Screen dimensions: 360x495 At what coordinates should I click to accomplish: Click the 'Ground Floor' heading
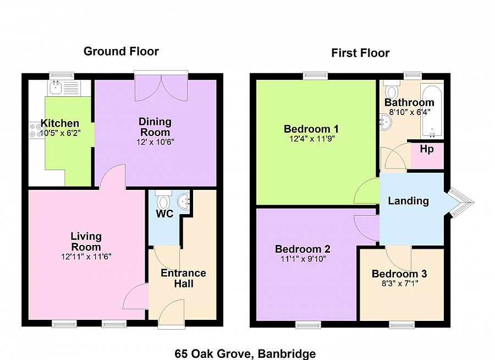(121, 52)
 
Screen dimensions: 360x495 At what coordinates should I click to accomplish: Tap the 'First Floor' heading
(360, 53)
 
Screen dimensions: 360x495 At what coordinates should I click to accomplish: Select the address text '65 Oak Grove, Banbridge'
(245, 353)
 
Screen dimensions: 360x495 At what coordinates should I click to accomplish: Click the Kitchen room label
(60, 123)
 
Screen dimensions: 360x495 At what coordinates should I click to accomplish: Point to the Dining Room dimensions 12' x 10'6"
(155, 141)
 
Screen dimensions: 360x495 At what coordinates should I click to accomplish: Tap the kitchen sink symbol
(55, 88)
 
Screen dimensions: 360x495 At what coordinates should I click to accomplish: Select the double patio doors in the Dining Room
(161, 88)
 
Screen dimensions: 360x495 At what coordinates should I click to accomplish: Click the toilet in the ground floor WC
(163, 199)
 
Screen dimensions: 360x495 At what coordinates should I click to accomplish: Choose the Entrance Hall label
(183, 278)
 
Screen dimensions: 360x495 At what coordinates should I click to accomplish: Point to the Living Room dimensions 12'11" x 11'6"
(86, 257)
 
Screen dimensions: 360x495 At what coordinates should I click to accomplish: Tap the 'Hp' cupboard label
(427, 149)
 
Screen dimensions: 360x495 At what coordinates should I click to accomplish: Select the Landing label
(408, 201)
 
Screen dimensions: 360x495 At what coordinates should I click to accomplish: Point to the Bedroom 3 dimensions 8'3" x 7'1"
(399, 284)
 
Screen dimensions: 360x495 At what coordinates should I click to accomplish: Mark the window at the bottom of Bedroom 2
(308, 325)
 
